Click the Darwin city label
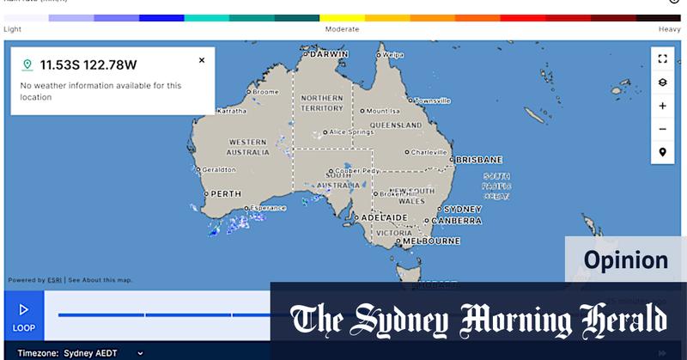pyautogui.click(x=329, y=53)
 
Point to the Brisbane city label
pyautogui.click(x=479, y=160)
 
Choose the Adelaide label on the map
pyautogui.click(x=384, y=218)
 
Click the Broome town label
pyautogui.click(x=265, y=91)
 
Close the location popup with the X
pyautogui.click(x=202, y=60)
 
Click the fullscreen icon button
pyautogui.click(x=662, y=59)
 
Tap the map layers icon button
pyautogui.click(x=662, y=82)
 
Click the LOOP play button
pyautogui.click(x=24, y=314)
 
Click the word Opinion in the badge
pyautogui.click(x=625, y=260)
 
